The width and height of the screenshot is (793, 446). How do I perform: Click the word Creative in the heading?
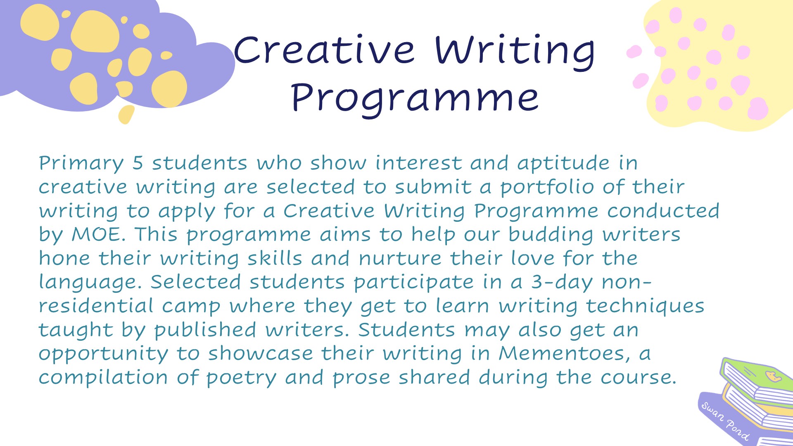click(x=324, y=50)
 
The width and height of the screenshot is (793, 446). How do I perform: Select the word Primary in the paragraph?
click(x=81, y=164)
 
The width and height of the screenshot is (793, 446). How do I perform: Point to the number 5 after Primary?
click(x=138, y=163)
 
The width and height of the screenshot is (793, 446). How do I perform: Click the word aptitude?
click(x=563, y=164)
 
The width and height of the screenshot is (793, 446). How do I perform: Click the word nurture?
click(x=400, y=259)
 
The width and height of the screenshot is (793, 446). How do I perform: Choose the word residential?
click(x=96, y=306)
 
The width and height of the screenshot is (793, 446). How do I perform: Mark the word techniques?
click(x=645, y=307)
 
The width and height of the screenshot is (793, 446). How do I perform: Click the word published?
click(x=205, y=330)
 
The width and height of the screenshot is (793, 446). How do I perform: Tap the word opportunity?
click(x=103, y=354)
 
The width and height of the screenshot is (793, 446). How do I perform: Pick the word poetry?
click(x=241, y=378)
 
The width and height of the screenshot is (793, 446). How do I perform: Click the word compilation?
click(x=103, y=378)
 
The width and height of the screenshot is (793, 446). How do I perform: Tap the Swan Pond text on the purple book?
click(x=725, y=421)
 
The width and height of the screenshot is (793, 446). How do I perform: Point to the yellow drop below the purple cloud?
click(x=126, y=114)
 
